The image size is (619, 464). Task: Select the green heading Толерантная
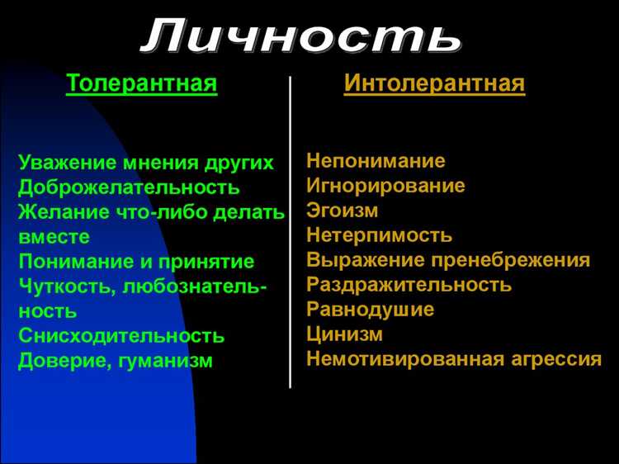pyautogui.click(x=142, y=84)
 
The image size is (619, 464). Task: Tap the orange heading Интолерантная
pyautogui.click(x=434, y=84)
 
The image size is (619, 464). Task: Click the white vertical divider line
pyautogui.click(x=291, y=231)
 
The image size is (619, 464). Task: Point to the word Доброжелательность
pyautogui.click(x=130, y=187)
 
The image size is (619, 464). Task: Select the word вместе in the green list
pyautogui.click(x=54, y=236)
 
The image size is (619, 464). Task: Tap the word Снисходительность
pyautogui.click(x=121, y=336)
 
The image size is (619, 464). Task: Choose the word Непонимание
pyautogui.click(x=376, y=161)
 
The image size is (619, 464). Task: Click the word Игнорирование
pyautogui.click(x=385, y=186)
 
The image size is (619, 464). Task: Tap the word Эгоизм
pyautogui.click(x=342, y=211)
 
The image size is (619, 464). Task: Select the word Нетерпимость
pyautogui.click(x=379, y=235)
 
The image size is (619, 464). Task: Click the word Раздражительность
pyautogui.click(x=409, y=286)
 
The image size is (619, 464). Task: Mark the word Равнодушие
pyautogui.click(x=370, y=310)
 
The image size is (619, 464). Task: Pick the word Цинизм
pyautogui.click(x=344, y=335)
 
